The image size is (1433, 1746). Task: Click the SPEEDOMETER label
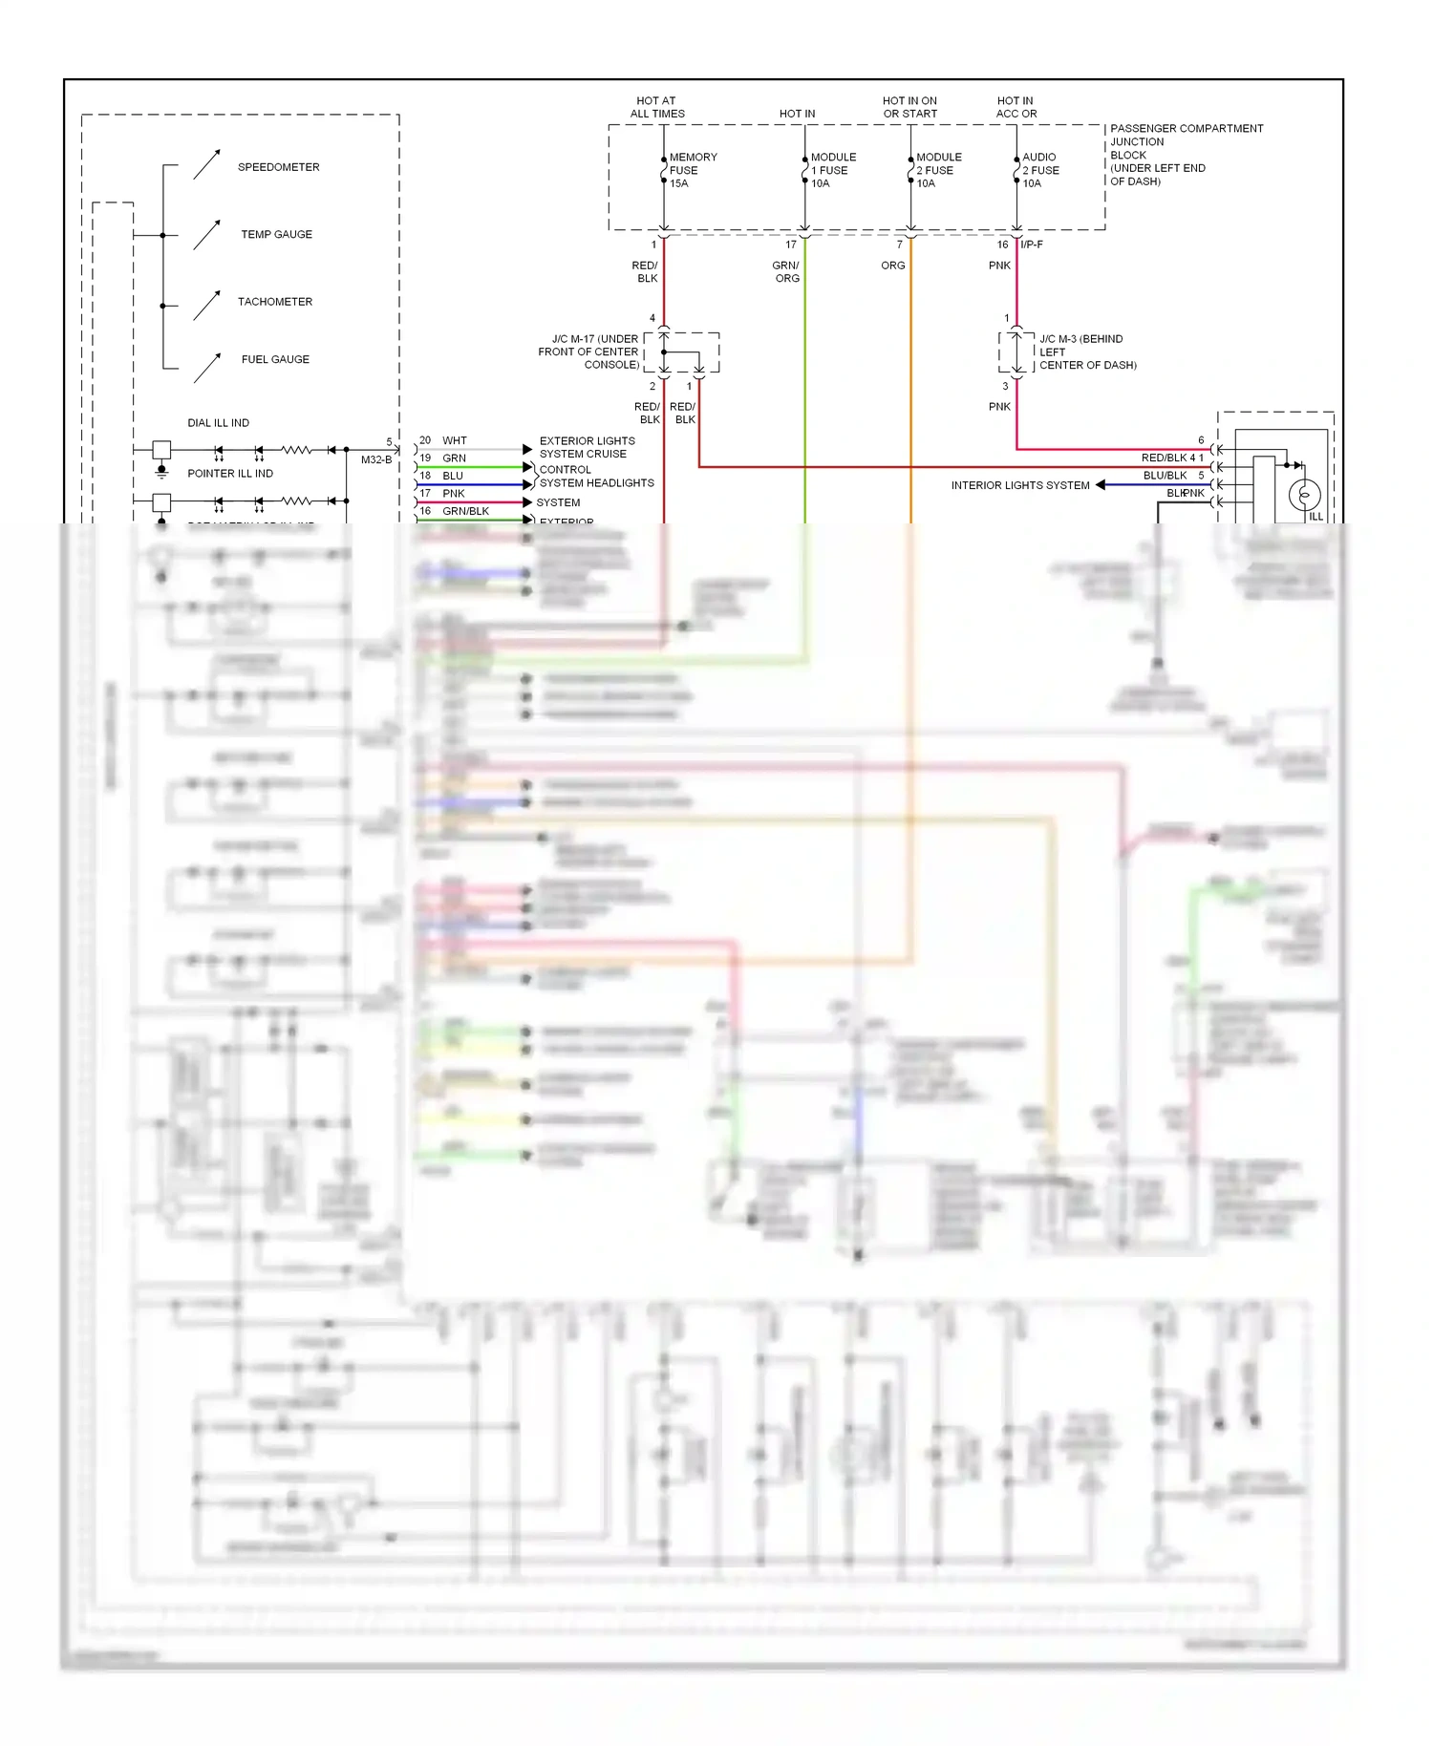278,167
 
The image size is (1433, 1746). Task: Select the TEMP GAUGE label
276,234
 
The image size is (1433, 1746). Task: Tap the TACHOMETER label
275,302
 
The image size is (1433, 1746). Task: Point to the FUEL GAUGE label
275,359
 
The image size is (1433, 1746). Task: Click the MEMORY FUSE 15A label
692,170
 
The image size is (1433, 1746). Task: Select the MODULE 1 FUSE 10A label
832,170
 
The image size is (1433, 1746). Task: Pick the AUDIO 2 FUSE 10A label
1040,170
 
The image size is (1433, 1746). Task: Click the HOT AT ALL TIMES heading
656,107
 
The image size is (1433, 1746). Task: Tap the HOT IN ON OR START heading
909,107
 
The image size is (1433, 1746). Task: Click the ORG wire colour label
892,266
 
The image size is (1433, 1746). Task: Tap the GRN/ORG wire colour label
786,271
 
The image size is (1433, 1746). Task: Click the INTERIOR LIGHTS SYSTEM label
1019,485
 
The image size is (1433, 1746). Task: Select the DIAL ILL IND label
218,423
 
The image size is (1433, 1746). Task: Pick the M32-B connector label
375,459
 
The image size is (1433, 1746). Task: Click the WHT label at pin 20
454,440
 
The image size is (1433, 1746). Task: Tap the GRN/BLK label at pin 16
465,511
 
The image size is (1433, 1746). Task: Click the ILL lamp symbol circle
1304,495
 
